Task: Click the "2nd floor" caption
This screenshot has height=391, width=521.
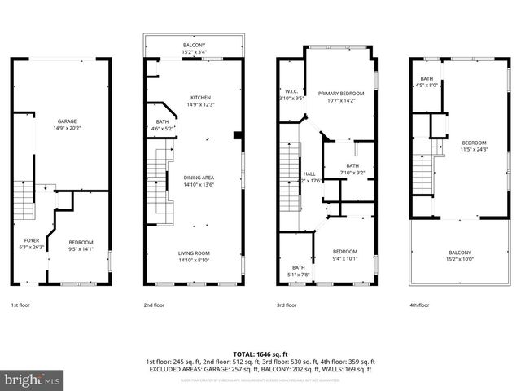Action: pos(154,305)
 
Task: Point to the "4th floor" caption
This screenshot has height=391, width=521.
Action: pos(420,305)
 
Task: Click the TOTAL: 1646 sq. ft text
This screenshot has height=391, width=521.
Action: pos(260,354)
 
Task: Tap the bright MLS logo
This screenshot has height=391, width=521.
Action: pos(33,380)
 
